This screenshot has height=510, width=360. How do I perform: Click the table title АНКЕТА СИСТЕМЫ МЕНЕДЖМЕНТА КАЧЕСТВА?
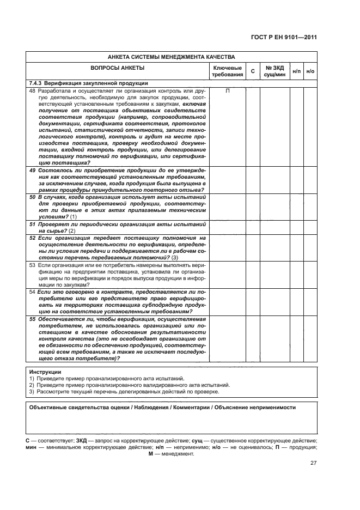coord(171,57)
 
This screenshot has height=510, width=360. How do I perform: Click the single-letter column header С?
coord(252,71)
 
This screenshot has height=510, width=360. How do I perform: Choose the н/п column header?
coord(296,71)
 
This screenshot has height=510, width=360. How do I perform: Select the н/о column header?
coord(310,71)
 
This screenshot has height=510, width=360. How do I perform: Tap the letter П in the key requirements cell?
coord(227,90)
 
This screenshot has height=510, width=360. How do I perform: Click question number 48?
coord(32,90)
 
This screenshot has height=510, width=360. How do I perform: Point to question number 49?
coord(32,171)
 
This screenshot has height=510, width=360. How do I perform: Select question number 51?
coord(32,224)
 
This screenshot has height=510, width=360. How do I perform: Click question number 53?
coord(32,264)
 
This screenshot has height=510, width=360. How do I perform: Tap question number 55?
coord(32,318)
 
